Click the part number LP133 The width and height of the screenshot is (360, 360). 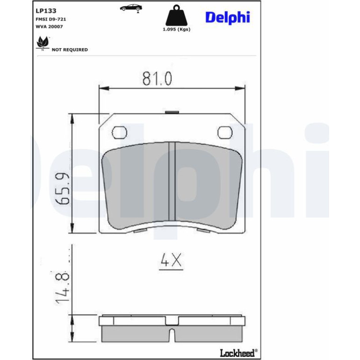point(46,11)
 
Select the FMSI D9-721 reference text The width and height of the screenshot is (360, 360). point(51,19)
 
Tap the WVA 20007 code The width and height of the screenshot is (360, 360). point(49,27)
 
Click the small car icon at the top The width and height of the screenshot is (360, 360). point(131,8)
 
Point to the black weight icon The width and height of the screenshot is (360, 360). point(176,15)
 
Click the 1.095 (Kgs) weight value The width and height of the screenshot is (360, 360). point(177,29)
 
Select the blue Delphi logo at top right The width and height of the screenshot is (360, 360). point(228,17)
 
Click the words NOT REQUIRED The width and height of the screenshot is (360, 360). point(70,50)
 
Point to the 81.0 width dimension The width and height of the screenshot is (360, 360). point(157,79)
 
